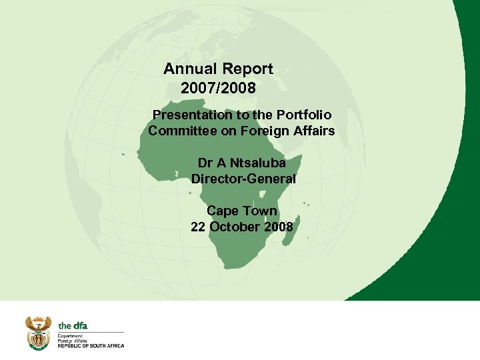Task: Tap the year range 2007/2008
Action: [218, 87]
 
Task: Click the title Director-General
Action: [243, 179]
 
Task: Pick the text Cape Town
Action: [241, 211]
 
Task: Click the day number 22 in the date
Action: [198, 227]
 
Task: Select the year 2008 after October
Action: [278, 227]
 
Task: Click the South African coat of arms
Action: [38, 333]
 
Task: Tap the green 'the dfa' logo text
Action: [73, 325]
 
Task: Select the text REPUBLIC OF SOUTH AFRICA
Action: [91, 345]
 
